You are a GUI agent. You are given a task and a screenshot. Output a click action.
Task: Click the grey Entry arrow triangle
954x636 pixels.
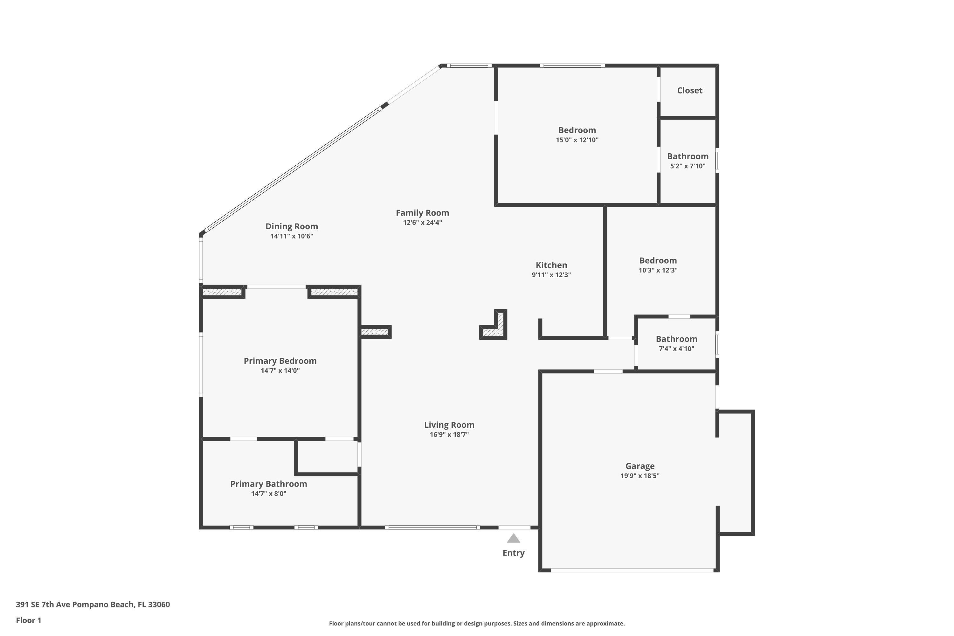pos(514,539)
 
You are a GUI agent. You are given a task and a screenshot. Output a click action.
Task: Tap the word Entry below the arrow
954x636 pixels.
pos(514,553)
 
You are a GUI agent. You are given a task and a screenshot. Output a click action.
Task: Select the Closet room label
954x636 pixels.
pos(689,90)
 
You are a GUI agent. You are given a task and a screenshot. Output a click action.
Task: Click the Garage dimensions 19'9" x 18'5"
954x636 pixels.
pos(639,476)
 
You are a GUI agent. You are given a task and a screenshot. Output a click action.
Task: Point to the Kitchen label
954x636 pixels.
pos(551,265)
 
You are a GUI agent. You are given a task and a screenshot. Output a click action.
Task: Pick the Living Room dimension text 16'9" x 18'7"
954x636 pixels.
pos(449,434)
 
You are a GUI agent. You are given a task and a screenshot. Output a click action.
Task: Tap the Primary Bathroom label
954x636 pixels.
pos(268,484)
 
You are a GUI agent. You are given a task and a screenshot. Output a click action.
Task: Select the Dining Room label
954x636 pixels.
pos(292,226)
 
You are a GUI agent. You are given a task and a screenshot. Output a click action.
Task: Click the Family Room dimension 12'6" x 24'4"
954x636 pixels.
pos(422,222)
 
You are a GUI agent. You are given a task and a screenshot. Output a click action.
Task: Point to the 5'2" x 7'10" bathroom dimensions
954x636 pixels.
pos(688,166)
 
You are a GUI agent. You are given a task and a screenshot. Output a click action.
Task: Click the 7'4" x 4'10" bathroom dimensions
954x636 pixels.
pos(676,349)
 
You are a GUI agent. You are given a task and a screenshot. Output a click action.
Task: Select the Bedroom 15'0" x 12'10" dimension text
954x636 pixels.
pos(577,140)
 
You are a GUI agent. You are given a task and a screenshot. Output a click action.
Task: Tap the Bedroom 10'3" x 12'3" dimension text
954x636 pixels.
pos(658,270)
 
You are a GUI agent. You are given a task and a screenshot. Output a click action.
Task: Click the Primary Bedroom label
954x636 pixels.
pos(280,361)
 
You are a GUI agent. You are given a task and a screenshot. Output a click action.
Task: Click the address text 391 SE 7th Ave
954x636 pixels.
pos(93,605)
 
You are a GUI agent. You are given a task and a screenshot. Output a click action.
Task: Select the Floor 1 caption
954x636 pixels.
pos(28,620)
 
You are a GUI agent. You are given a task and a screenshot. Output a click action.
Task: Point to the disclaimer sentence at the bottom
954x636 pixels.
pos(477,623)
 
